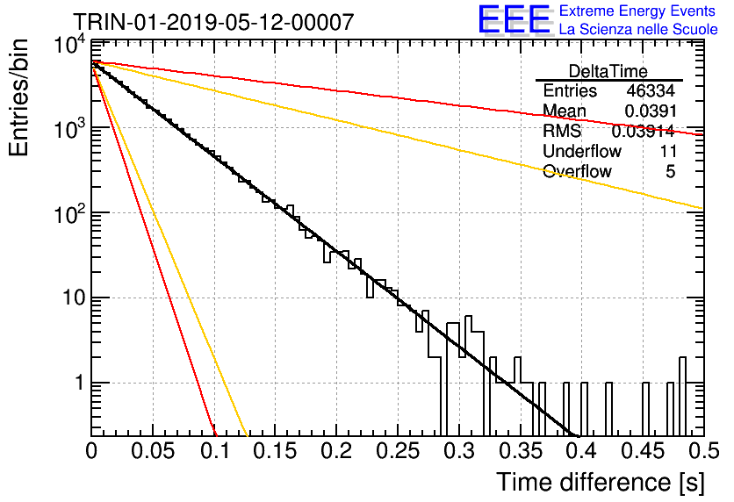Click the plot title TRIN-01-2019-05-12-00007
click(214, 22)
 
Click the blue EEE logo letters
click(515, 19)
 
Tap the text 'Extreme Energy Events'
click(637, 11)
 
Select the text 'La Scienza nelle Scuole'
click(638, 29)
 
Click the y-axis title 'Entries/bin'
click(18, 98)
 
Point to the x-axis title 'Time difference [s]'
click(601, 483)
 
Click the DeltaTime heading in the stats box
click(608, 71)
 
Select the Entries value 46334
click(651, 90)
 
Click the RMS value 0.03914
click(644, 132)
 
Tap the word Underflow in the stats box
click(582, 151)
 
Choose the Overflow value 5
click(670, 172)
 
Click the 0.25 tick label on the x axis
click(399, 451)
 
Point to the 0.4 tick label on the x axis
click(581, 451)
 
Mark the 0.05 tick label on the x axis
click(153, 451)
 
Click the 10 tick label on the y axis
click(75, 298)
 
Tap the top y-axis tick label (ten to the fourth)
click(69, 45)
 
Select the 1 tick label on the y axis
click(80, 383)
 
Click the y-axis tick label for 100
click(69, 215)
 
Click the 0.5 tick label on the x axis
click(703, 451)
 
